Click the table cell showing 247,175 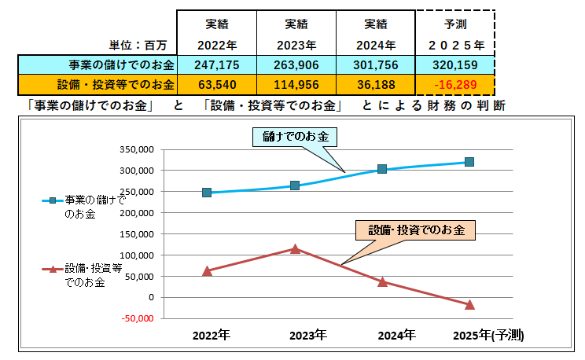(x=216, y=64)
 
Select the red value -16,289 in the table (x=456, y=83)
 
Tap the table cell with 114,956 (x=296, y=83)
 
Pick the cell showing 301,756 (x=375, y=64)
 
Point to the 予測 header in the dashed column (x=456, y=24)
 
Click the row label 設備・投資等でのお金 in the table (x=116, y=83)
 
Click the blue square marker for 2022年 (x=207, y=193)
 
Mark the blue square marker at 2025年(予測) (x=469, y=162)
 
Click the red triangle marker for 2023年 (x=295, y=248)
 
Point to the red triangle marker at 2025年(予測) (x=469, y=304)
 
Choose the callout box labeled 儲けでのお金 (x=296, y=137)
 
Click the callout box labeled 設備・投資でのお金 (x=416, y=230)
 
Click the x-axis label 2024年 (x=396, y=335)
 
